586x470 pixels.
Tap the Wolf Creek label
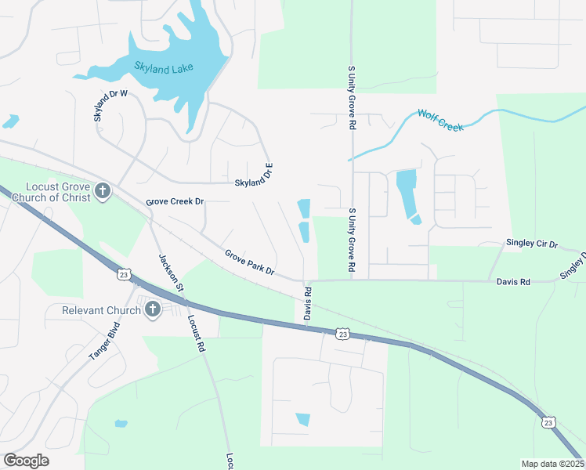point(440,121)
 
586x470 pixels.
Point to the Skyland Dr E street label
point(253,179)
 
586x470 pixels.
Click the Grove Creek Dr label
point(175,201)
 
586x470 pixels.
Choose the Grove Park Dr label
point(249,262)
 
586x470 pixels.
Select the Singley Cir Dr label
point(531,244)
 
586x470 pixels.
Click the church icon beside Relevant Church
point(152,310)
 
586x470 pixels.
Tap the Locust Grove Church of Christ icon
point(103,190)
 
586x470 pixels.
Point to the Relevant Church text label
point(103,311)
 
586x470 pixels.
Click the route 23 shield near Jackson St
point(124,274)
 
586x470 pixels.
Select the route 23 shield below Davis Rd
point(342,334)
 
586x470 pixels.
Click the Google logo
point(26,461)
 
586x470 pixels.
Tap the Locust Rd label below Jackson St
point(196,334)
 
